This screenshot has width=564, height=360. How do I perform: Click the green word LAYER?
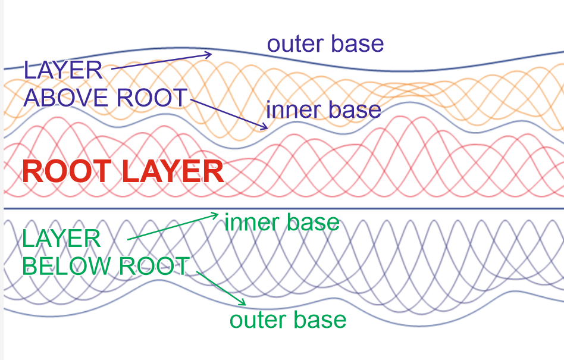point(61,240)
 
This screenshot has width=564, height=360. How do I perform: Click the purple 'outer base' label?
point(325,44)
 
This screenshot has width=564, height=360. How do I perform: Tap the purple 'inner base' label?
point(323,109)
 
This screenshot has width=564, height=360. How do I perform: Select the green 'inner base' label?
point(281,223)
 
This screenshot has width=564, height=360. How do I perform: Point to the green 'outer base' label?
point(288,320)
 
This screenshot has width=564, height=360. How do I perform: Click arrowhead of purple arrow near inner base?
point(265,126)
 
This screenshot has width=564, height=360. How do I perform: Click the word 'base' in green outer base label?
point(321,320)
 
